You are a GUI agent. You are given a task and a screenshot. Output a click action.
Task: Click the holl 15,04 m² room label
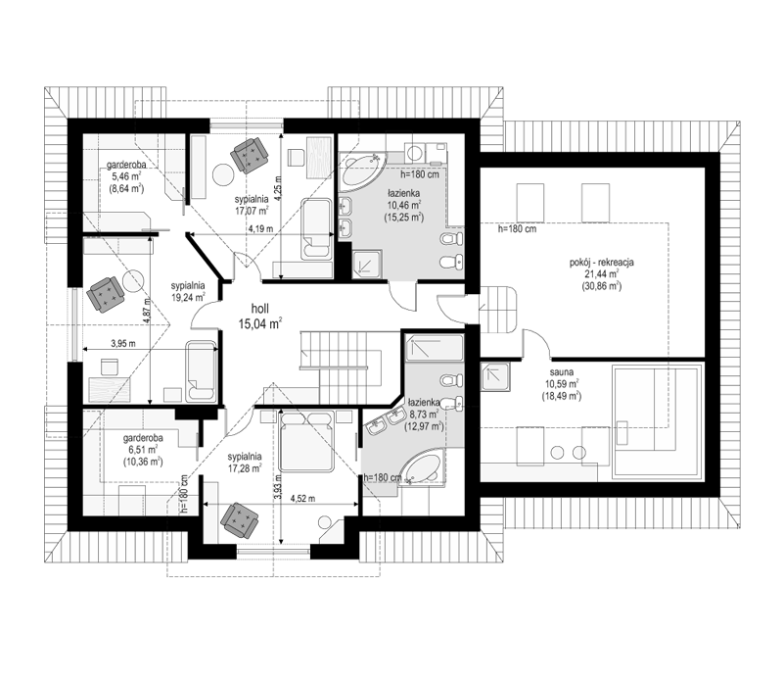point(260,317)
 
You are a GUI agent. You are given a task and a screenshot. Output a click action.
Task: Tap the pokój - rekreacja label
point(601,262)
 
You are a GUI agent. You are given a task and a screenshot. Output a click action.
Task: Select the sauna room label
point(561,372)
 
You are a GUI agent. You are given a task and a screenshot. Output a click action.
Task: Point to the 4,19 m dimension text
point(260,229)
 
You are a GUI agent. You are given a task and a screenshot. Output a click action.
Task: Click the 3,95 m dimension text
point(123,344)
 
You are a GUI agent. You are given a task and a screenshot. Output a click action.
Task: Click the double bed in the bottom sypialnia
point(306,441)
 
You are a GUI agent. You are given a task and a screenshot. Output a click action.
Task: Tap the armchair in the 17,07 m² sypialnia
point(249,155)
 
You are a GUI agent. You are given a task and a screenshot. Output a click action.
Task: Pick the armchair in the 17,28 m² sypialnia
point(240,519)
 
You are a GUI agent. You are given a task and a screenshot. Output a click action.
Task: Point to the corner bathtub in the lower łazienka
point(423,466)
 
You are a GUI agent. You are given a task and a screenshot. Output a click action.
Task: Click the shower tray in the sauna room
point(495,377)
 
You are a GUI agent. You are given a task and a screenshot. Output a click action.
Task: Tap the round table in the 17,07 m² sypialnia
point(222,176)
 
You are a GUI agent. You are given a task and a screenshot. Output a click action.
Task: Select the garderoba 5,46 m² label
point(126,176)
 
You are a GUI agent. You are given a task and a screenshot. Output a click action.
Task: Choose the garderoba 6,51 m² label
point(143,450)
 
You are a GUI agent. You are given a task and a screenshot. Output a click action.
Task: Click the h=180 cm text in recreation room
point(517,229)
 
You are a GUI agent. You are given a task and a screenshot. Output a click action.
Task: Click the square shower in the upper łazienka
point(367,264)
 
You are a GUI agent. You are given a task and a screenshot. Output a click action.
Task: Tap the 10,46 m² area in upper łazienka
point(404,205)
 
